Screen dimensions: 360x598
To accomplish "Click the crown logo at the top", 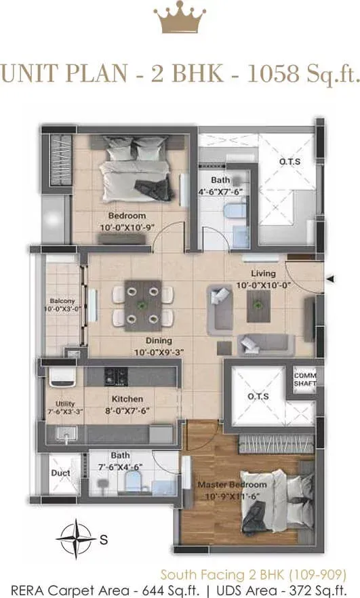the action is (180, 20).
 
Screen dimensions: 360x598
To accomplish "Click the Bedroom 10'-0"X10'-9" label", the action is (127, 222).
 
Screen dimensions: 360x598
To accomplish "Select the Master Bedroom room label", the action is (232, 490).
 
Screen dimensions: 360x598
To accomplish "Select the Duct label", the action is (60, 473).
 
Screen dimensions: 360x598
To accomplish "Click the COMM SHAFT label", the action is (305, 379).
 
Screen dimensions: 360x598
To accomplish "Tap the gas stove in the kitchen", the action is (116, 376).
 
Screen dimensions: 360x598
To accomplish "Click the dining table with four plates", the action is (143, 306).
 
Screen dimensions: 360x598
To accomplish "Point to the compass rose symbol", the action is (75, 538).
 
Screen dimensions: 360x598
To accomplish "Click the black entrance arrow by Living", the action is (331, 279).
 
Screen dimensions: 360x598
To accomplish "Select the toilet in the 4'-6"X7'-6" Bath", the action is (233, 211).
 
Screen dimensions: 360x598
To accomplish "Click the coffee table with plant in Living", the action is (258, 306).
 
